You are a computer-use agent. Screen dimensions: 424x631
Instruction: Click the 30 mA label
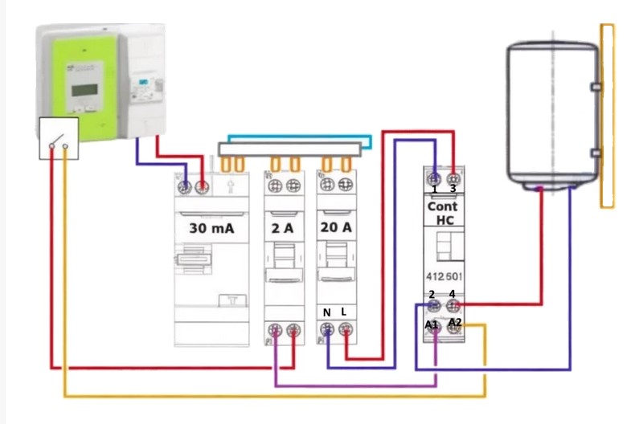(211, 228)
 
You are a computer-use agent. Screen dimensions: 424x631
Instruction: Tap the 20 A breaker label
(335, 228)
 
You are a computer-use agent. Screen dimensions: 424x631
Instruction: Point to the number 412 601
(443, 276)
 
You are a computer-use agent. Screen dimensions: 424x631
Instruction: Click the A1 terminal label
(432, 324)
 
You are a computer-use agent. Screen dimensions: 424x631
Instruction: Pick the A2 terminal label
(455, 322)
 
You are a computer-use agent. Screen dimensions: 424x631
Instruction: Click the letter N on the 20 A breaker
(327, 312)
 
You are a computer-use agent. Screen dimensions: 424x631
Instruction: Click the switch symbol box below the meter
(59, 138)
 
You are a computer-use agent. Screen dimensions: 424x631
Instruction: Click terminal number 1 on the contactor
(434, 190)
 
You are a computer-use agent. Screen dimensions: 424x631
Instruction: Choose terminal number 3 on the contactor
(453, 190)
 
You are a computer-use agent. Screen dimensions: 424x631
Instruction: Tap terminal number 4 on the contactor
(453, 294)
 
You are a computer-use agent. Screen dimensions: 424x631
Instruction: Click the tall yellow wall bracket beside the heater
(608, 116)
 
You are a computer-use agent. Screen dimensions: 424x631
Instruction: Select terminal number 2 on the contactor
(432, 294)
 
